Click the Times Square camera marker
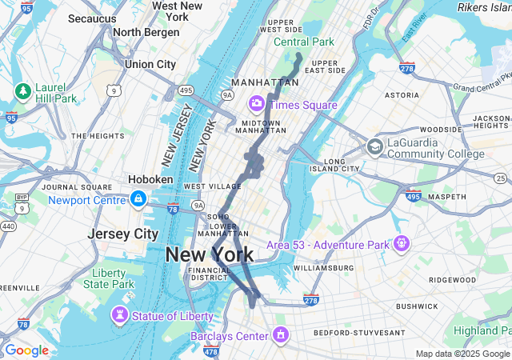click(258, 104)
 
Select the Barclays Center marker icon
click(281, 333)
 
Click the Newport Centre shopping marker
click(138, 198)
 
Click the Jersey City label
click(122, 234)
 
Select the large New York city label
click(209, 255)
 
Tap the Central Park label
click(303, 42)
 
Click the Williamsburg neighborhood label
click(323, 268)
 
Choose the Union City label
click(150, 64)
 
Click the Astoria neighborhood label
click(402, 94)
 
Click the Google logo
click(26, 350)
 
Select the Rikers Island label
click(484, 7)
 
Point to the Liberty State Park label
click(109, 278)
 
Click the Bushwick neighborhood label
click(417, 306)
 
